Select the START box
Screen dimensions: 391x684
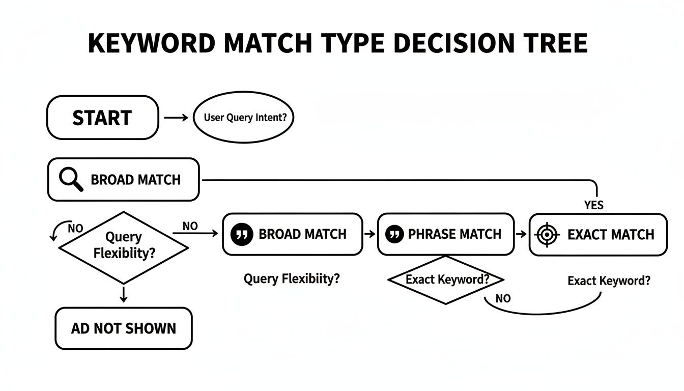click(x=102, y=118)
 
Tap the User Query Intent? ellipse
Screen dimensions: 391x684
click(x=245, y=118)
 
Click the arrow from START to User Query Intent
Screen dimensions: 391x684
click(x=176, y=118)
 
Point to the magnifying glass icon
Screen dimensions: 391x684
click(x=71, y=180)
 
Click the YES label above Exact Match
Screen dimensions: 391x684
click(x=593, y=205)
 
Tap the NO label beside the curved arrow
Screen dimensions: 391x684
click(x=75, y=228)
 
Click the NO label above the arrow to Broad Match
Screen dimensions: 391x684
click(x=190, y=226)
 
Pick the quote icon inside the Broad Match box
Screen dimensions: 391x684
click(x=242, y=234)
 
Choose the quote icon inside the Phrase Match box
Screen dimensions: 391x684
click(x=393, y=234)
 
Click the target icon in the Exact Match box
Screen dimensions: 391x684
click(x=546, y=235)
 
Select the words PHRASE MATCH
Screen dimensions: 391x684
click(x=454, y=234)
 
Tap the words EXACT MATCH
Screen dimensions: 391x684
click(x=611, y=235)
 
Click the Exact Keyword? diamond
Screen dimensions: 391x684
click(x=445, y=280)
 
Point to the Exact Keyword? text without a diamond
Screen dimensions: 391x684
click(x=609, y=281)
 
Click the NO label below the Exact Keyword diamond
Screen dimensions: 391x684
click(x=503, y=299)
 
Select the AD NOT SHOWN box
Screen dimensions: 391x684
click(x=124, y=328)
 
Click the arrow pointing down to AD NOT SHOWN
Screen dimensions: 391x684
click(x=123, y=295)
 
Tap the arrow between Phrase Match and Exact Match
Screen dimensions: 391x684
click(x=521, y=234)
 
